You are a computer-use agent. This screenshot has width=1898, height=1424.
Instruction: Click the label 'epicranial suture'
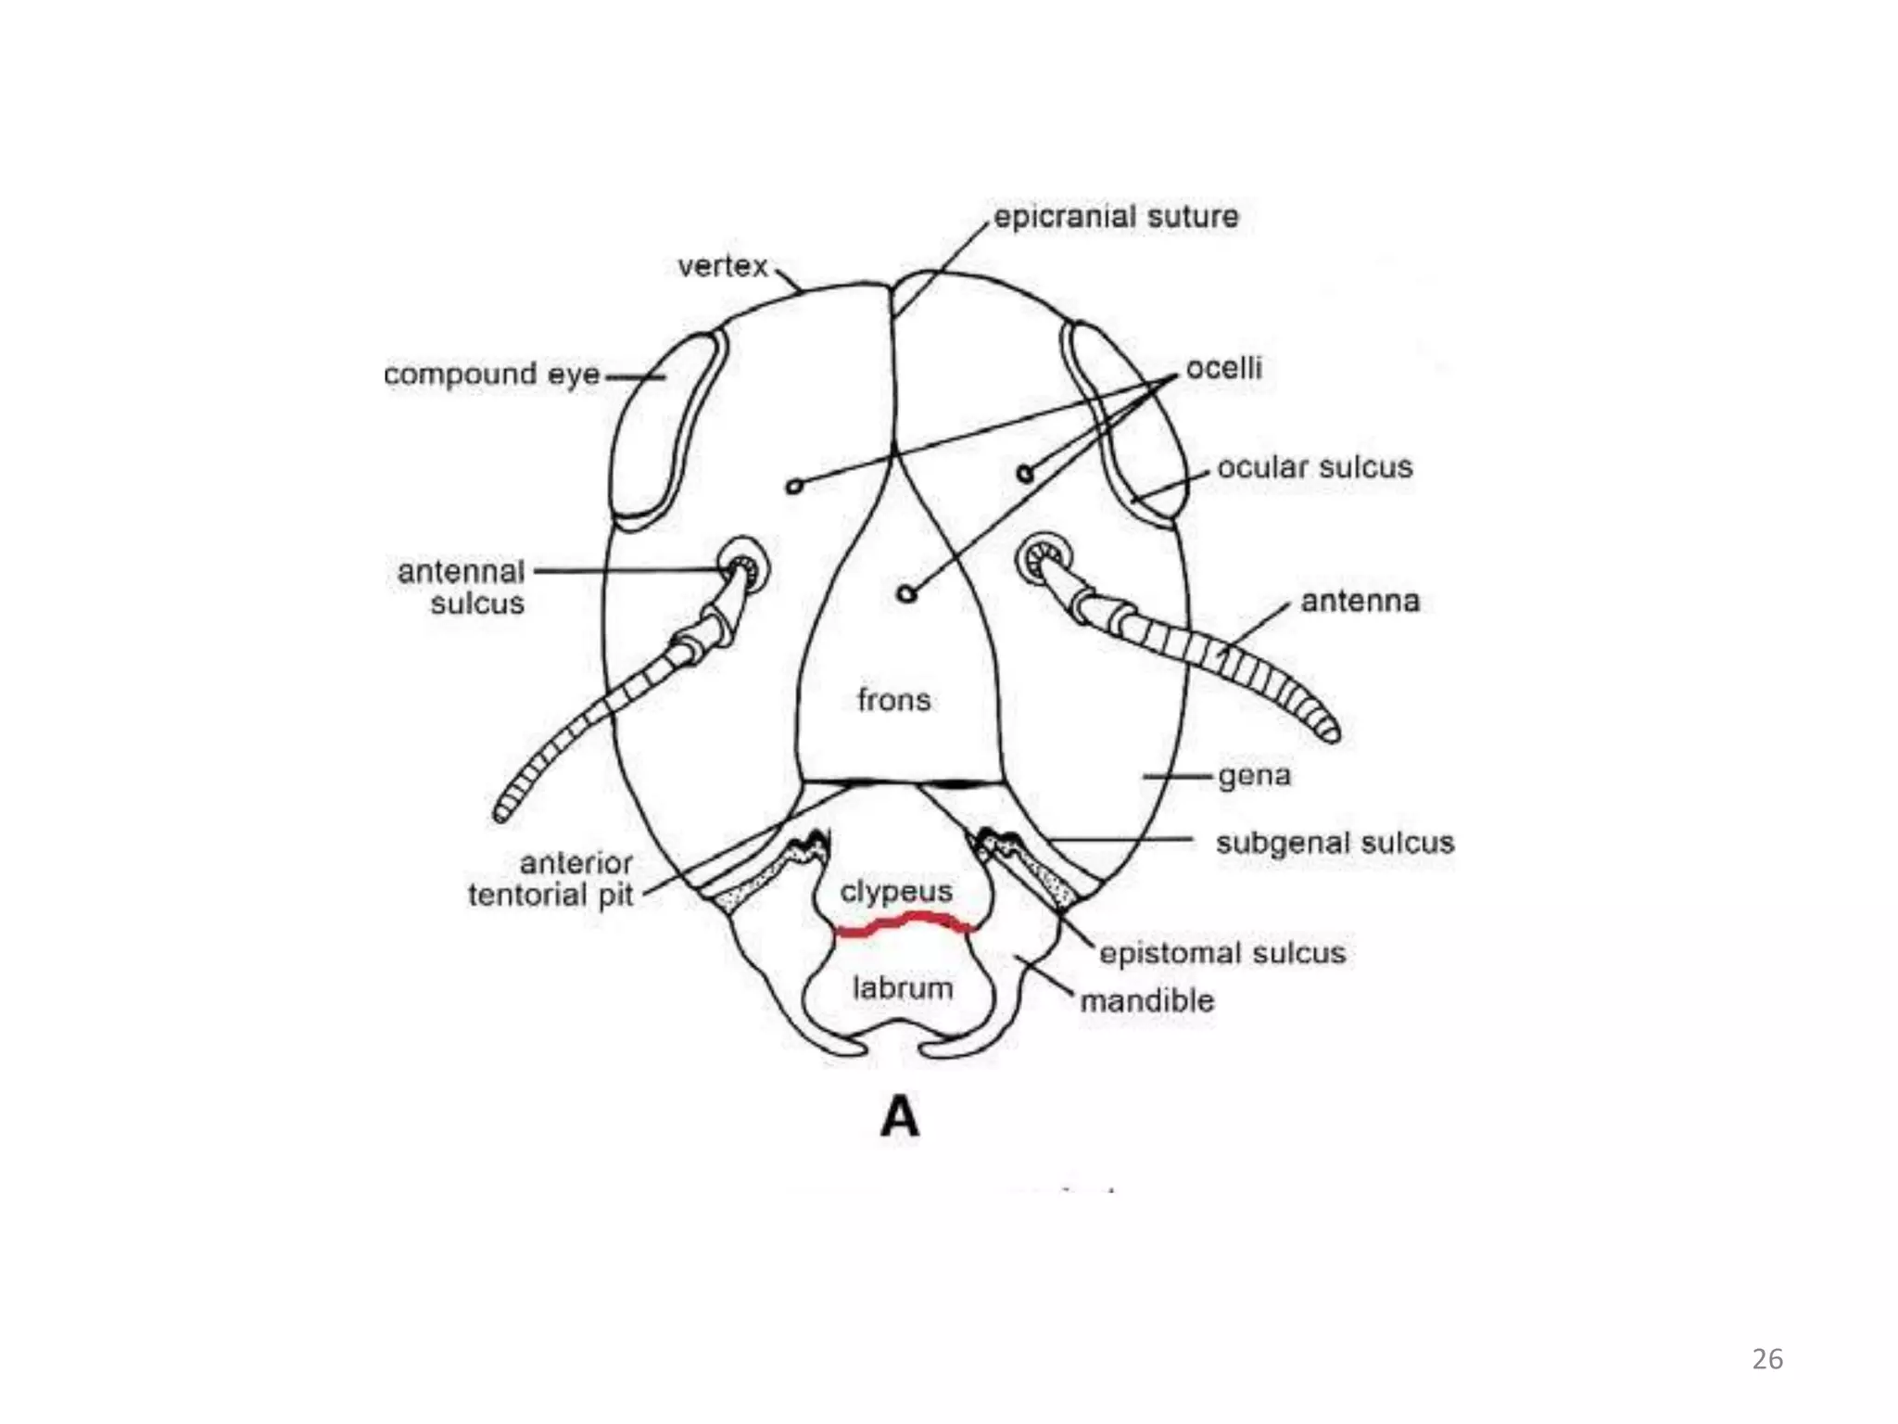1116,218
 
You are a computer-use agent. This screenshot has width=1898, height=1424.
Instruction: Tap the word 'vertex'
723,267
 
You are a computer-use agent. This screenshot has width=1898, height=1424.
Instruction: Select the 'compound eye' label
492,375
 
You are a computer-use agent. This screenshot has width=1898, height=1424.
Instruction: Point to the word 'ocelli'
1224,368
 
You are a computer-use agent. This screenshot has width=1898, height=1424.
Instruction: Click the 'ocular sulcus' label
1315,467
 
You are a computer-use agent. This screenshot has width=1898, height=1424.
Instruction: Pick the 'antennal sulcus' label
462,587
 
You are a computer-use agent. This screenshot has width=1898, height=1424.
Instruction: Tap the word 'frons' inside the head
894,700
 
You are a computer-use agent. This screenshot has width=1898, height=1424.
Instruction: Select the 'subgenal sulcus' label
1335,843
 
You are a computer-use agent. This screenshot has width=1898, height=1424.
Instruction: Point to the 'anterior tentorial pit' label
551,879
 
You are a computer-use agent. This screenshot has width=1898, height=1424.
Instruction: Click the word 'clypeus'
896,892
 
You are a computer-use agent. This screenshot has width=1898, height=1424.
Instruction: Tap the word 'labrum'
903,988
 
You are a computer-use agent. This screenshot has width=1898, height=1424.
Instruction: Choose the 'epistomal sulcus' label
1222,953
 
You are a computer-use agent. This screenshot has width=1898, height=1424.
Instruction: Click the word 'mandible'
1147,1001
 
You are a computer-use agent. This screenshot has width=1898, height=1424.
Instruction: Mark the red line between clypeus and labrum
905,923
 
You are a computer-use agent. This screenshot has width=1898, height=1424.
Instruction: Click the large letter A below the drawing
900,1116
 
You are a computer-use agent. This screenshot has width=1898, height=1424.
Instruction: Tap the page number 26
1767,1359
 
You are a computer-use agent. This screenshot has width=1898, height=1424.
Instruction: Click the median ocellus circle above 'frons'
907,593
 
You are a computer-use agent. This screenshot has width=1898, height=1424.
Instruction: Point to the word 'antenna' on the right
1360,602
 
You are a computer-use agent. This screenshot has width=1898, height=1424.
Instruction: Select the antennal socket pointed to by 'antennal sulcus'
744,564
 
